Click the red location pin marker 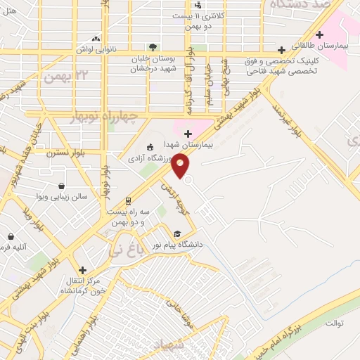point(181,165)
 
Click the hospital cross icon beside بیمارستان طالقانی point(320,34)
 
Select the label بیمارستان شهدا point(188,148)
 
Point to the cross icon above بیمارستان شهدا point(188,134)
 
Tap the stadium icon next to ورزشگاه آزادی point(149,147)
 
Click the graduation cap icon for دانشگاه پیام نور point(177,233)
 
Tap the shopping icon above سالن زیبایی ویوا point(63,186)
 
